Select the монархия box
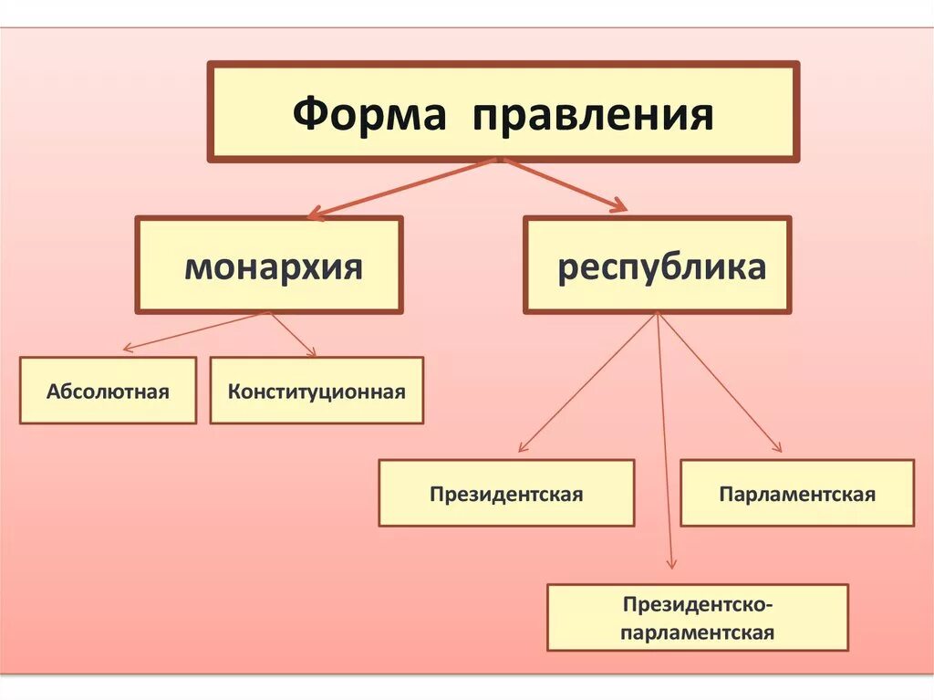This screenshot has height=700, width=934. pos(269,265)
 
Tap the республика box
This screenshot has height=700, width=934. pos(658,265)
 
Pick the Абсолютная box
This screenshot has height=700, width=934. pos(108,391)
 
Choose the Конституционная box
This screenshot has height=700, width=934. pos(317,391)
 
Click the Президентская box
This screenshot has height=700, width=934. pos(506,494)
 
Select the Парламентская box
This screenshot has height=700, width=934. pos(797,494)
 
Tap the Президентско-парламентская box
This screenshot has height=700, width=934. pos(698,618)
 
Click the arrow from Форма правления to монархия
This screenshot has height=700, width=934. pos(401,189)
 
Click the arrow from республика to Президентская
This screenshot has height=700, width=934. pos(588,382)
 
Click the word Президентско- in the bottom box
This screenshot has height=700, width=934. pos(698,604)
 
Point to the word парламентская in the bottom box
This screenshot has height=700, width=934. pos(698,632)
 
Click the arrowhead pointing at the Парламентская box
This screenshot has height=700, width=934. pos(777,447)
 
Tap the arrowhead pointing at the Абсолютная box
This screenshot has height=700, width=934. pos(129,348)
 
